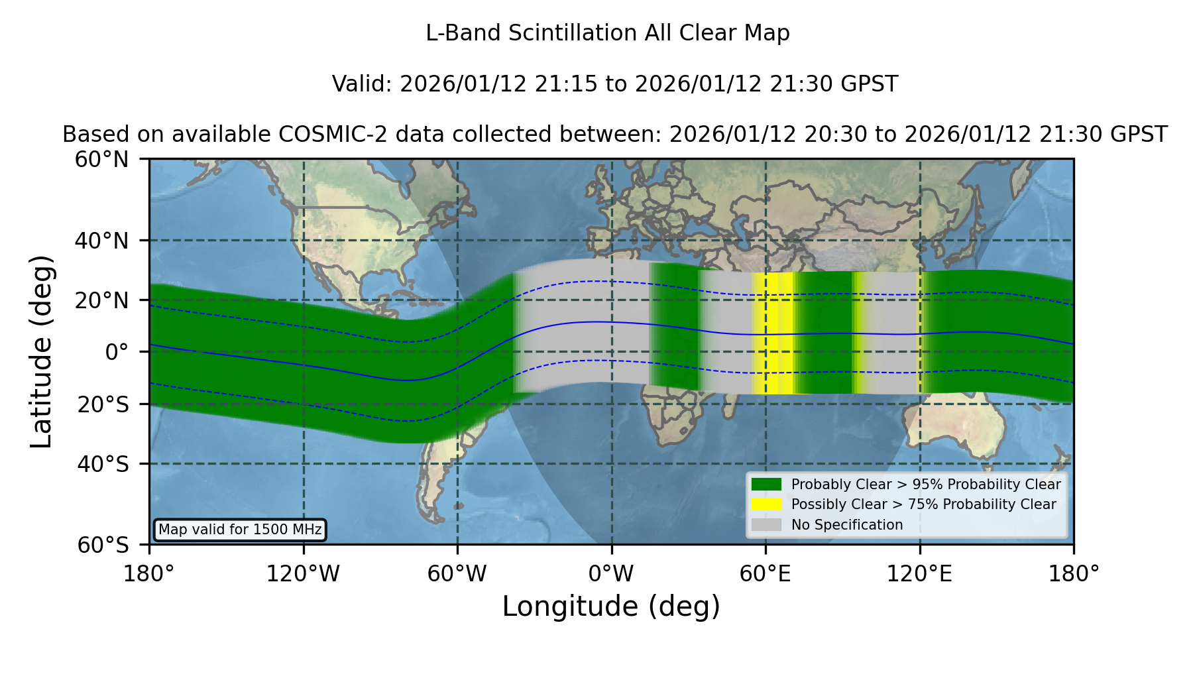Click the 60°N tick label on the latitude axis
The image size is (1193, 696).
point(101,160)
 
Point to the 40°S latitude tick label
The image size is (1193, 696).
point(103,464)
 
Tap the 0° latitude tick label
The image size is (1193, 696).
point(117,352)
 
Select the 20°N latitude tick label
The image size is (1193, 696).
point(101,301)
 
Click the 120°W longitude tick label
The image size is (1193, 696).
point(303,574)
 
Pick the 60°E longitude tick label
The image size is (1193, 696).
point(766,574)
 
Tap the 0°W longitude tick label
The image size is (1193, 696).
point(611,574)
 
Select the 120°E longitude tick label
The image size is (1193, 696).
point(919,574)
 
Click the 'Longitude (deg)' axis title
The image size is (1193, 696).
point(611,607)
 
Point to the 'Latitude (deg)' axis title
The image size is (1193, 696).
point(41,351)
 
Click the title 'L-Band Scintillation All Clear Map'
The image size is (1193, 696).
point(608,33)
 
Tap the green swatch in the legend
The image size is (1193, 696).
point(766,485)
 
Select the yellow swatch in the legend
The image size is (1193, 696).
point(766,504)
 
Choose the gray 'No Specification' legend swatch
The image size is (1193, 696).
point(766,525)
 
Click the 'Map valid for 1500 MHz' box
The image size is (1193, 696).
point(240,530)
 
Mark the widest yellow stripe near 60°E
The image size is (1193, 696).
point(773,333)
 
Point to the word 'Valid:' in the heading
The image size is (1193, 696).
point(363,84)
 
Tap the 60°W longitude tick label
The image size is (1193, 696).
point(457,574)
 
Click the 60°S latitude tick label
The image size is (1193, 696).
point(103,546)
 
